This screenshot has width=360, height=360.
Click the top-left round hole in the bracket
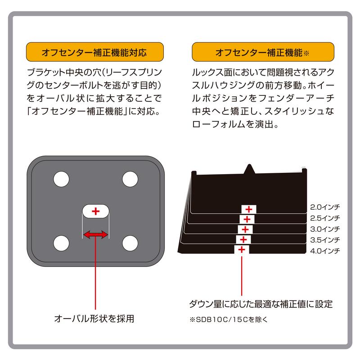(60, 179)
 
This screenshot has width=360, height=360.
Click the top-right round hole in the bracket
(130, 179)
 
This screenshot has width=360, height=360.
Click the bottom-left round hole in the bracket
(60, 243)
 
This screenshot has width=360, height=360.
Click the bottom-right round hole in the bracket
(130, 243)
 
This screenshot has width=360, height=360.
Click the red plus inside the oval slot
(95, 211)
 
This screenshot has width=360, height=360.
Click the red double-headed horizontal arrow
(95, 234)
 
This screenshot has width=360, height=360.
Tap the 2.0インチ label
(325, 207)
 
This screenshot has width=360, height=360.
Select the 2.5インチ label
(325, 218)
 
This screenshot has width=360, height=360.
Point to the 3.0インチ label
(325, 229)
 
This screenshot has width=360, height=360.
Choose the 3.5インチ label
(325, 239)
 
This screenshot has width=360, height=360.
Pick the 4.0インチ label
(325, 250)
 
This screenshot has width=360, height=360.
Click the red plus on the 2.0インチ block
(248, 209)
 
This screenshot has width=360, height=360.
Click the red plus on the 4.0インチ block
(242, 249)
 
